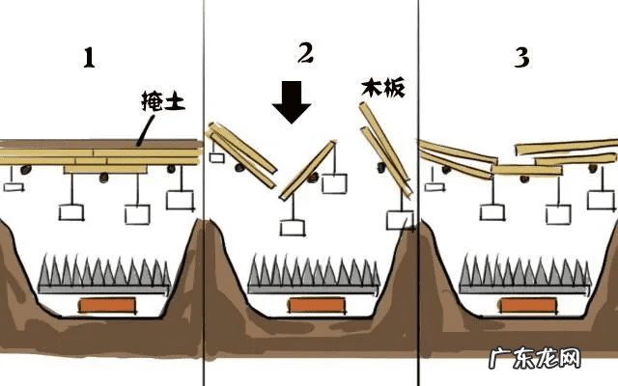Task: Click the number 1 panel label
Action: (x=89, y=59)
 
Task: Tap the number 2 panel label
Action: (x=305, y=53)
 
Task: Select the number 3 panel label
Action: (x=521, y=58)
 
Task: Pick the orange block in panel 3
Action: (x=527, y=305)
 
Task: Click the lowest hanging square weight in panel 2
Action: (x=290, y=228)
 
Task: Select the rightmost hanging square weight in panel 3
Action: (x=602, y=201)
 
